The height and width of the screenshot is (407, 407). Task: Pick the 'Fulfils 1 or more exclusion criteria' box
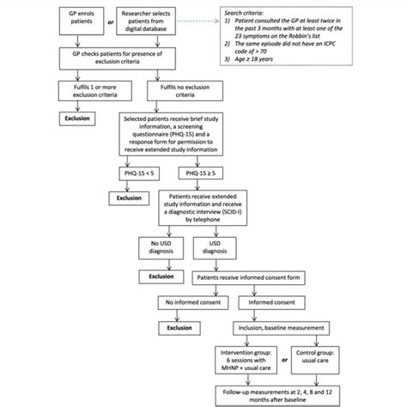(85, 92)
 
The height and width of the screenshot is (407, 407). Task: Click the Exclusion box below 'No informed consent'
(180, 327)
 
